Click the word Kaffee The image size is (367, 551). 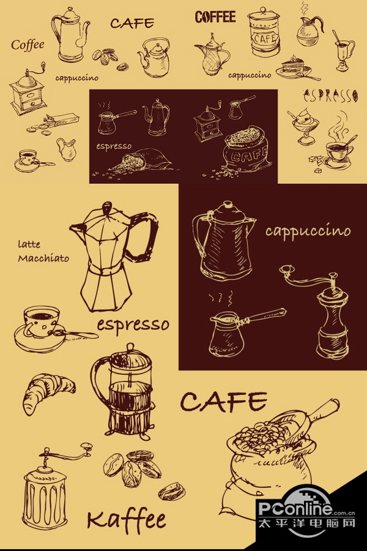[127, 520]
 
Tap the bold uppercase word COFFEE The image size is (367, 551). [215, 17]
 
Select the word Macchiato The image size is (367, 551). [43, 258]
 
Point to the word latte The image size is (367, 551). [29, 244]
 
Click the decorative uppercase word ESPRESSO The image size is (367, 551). [330, 96]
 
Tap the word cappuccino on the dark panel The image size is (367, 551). [308, 231]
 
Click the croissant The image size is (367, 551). [48, 391]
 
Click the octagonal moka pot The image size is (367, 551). [113, 257]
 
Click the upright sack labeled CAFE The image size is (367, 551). [247, 149]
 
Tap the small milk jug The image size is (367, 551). [66, 149]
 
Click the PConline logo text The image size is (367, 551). [295, 508]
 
